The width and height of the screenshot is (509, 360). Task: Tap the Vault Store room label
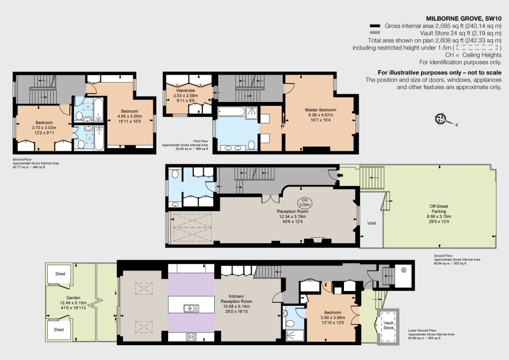[388, 325]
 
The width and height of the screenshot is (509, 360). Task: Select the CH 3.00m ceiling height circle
[305, 202]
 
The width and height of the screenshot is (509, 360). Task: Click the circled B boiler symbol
[404, 270]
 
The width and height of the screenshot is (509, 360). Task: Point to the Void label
[371, 223]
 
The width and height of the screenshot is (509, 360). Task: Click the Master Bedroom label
[321, 110]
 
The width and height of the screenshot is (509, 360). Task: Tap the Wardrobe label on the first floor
[185, 90]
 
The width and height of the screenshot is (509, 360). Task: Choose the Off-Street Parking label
[439, 209]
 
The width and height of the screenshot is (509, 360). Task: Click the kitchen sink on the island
[191, 308]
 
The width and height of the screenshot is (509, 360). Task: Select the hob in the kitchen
[191, 337]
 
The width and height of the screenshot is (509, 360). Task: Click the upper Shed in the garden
[60, 274]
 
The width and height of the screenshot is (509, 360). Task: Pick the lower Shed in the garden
[59, 330]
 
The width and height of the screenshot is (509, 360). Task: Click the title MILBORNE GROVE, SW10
[464, 18]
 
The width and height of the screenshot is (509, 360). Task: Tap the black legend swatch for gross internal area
[375, 26]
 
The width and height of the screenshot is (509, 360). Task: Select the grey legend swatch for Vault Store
[375, 33]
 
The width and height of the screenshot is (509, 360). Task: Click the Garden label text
[73, 298]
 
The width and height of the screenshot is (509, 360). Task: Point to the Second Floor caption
[20, 160]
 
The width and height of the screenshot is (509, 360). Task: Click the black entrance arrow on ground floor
[340, 176]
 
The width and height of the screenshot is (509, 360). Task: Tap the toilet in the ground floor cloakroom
[175, 174]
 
